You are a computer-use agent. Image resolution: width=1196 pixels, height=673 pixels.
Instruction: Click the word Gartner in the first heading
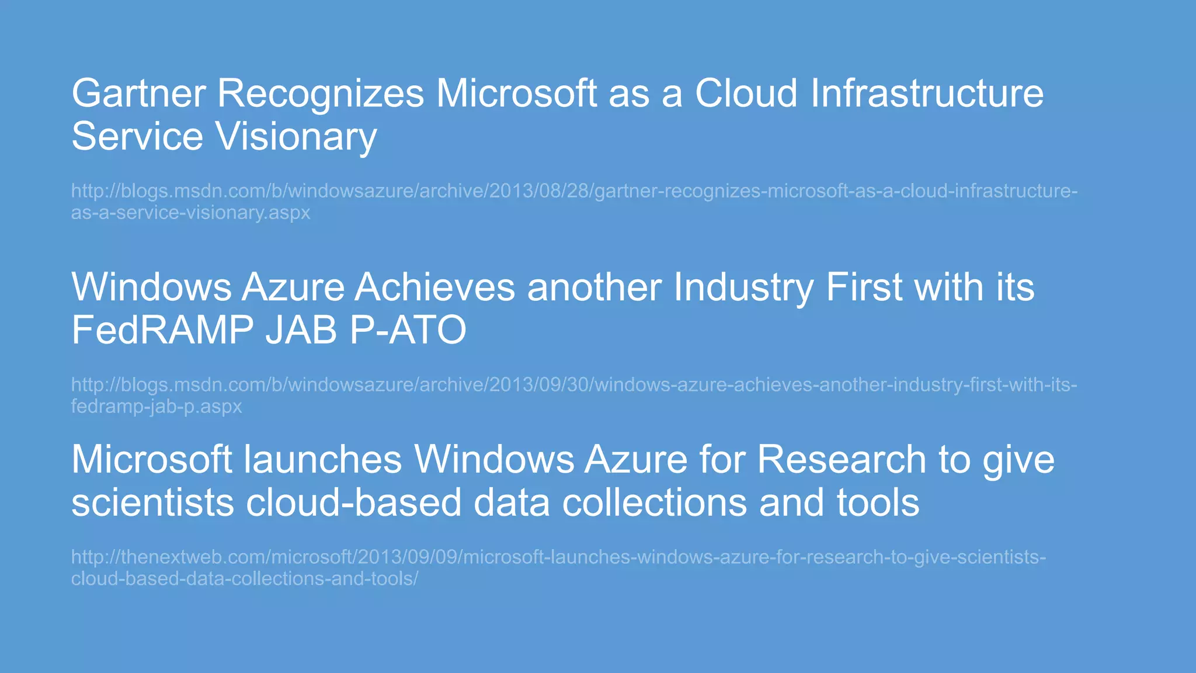coord(138,93)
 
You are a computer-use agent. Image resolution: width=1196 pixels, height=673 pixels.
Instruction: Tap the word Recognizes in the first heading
coord(321,93)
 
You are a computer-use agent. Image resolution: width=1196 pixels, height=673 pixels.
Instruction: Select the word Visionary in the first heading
coord(296,137)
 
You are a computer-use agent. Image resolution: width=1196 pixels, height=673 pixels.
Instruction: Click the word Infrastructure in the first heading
coord(927,93)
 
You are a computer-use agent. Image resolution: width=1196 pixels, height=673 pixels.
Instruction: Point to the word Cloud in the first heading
coord(746,93)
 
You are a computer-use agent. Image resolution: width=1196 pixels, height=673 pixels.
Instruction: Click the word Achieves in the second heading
coord(435,287)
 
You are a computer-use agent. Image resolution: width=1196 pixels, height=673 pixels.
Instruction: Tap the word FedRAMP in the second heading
coord(162,330)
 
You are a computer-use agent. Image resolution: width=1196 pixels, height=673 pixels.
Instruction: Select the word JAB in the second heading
coord(301,330)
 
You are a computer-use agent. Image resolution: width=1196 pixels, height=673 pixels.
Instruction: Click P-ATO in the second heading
coord(408,330)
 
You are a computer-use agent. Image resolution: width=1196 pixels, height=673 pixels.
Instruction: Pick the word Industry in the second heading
coord(743,287)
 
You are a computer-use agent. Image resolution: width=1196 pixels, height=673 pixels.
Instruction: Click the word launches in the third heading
coord(323,459)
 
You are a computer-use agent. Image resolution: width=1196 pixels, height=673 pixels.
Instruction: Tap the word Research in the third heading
coord(842,459)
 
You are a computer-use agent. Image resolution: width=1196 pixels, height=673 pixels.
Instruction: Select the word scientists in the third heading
coord(152,502)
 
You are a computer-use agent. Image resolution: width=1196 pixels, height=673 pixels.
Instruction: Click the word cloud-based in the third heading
coord(354,502)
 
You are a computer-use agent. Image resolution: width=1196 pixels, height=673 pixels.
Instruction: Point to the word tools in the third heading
coord(878,502)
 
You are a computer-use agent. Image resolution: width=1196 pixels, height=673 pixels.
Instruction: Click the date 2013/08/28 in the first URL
coord(539,191)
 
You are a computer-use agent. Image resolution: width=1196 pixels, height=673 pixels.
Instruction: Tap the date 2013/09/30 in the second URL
coord(539,385)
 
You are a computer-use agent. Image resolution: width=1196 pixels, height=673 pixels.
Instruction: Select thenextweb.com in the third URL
coord(193,557)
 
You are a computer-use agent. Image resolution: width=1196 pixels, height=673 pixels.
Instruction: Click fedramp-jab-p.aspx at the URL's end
coord(157,407)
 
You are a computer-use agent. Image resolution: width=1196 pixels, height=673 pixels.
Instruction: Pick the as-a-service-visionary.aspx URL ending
coord(190,213)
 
